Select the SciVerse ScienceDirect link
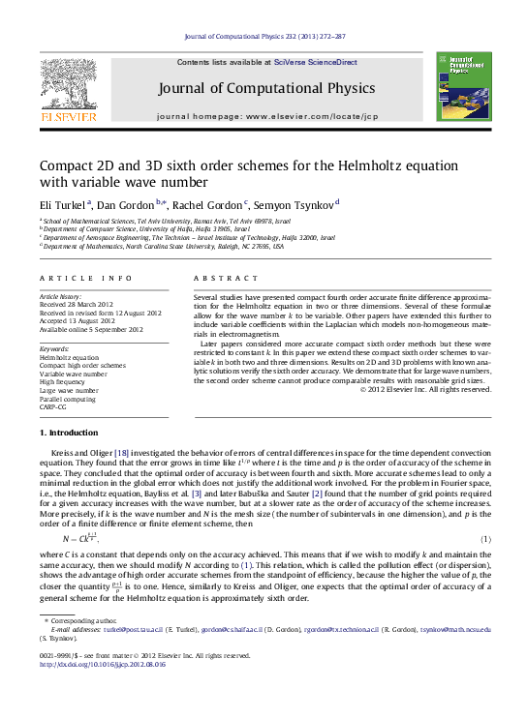pyautogui.click(x=315, y=62)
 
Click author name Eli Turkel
pyautogui.click(x=62, y=203)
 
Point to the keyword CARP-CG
pyautogui.click(x=54, y=407)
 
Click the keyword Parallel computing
pyautogui.click(x=68, y=399)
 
